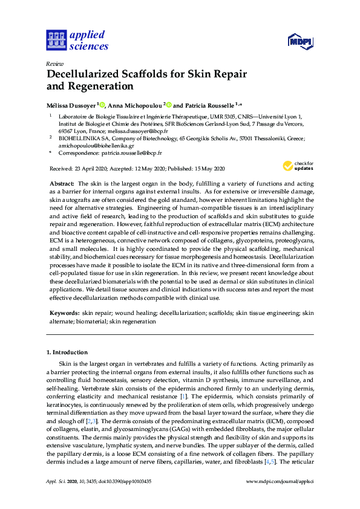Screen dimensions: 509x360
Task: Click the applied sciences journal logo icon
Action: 56,41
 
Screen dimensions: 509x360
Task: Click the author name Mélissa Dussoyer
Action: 71,105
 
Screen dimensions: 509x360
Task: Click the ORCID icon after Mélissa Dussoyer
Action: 102,105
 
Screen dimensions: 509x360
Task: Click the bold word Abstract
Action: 61,183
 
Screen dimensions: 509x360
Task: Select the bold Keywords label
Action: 64,313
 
